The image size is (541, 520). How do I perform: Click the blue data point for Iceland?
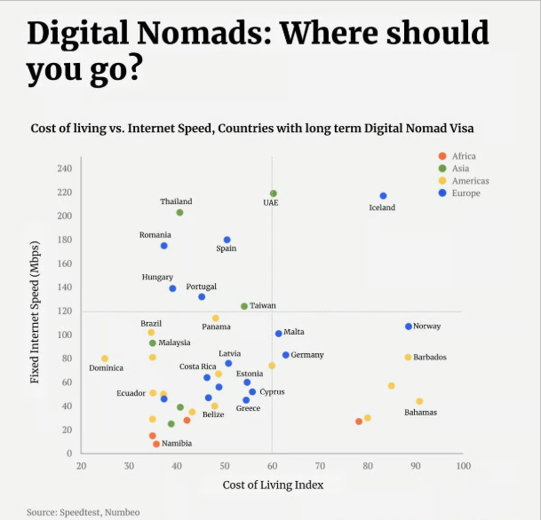[383, 196]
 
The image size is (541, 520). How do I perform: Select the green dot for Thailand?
[179, 212]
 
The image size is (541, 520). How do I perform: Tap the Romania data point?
[163, 246]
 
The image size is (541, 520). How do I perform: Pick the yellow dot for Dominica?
[105, 358]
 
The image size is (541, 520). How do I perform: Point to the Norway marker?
[409, 327]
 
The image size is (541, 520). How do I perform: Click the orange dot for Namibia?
[156, 444]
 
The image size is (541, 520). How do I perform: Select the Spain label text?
[227, 249]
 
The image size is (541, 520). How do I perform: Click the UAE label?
[271, 203]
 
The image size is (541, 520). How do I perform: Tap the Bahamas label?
[420, 413]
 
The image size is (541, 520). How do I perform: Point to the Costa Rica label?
[197, 366]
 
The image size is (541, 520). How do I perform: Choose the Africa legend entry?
[463, 156]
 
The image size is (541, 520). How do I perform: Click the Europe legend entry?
[465, 193]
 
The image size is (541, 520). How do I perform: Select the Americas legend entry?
[469, 181]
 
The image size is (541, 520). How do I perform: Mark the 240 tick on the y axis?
[64, 169]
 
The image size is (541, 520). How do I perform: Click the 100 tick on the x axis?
[463, 465]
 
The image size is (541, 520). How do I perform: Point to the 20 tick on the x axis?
[82, 465]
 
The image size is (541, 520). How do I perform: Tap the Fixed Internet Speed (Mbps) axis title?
[36, 311]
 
